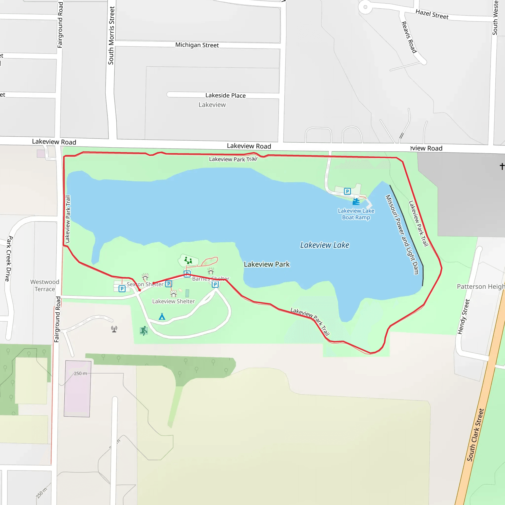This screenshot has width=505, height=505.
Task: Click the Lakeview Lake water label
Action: click(x=325, y=245)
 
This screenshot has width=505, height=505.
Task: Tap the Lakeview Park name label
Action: click(x=267, y=264)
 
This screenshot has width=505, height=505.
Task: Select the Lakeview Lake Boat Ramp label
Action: click(x=356, y=214)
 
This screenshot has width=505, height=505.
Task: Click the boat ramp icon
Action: click(x=356, y=201)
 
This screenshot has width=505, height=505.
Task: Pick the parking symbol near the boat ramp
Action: click(x=347, y=191)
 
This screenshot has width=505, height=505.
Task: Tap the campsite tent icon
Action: click(x=162, y=317)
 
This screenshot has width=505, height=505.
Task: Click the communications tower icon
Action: click(x=114, y=329)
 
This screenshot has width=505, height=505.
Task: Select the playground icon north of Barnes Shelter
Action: click(x=188, y=260)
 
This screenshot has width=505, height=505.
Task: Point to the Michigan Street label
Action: click(x=197, y=45)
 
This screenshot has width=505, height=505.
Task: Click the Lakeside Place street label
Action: click(x=225, y=95)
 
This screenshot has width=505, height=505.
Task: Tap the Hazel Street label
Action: click(x=432, y=14)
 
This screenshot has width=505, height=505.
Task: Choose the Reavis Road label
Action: click(x=409, y=37)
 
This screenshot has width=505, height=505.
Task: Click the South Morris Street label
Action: click(x=111, y=36)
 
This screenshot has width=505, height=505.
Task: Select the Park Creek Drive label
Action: click(x=9, y=258)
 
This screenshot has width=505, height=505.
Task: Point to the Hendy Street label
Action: click(x=463, y=317)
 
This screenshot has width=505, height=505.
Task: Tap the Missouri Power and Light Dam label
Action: click(x=402, y=234)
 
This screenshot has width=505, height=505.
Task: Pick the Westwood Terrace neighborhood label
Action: click(x=45, y=286)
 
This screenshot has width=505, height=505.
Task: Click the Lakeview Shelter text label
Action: click(x=173, y=301)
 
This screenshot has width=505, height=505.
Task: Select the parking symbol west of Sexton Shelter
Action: click(x=122, y=289)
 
